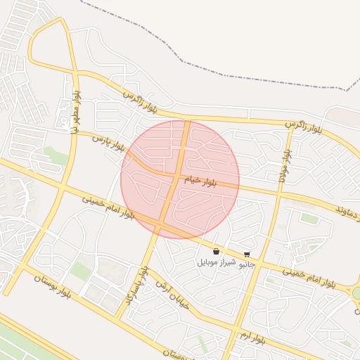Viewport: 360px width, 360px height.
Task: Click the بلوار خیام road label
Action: coord(202,181)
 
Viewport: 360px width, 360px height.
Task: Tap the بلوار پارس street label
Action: coord(110,142)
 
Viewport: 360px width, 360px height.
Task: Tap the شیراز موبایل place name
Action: coord(215,262)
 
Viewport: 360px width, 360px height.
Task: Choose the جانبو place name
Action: coord(247,265)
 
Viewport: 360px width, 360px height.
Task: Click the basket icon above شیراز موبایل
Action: coord(216,251)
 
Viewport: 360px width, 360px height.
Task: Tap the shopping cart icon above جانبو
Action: coord(247,255)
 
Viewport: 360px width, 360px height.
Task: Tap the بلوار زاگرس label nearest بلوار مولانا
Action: coord(304,128)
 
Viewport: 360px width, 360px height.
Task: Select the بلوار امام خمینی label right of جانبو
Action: coord(309,276)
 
